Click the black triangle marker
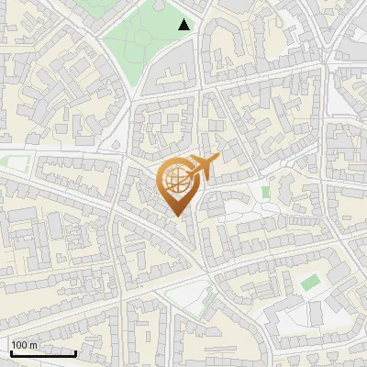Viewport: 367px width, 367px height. coord(184,25)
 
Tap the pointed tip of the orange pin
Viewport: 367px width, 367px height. coord(179,216)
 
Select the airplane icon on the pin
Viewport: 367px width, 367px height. coord(202,167)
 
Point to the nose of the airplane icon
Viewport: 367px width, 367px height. coord(217,159)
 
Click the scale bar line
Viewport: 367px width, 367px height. coord(42,352)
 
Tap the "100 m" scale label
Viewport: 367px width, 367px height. coord(24,345)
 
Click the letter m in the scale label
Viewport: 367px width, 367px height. coord(33,345)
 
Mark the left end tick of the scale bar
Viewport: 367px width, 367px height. coord(10,350)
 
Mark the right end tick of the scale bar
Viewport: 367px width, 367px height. coord(75,350)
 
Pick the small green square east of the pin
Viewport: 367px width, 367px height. coord(265,193)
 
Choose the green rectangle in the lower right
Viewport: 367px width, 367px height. coord(310,282)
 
